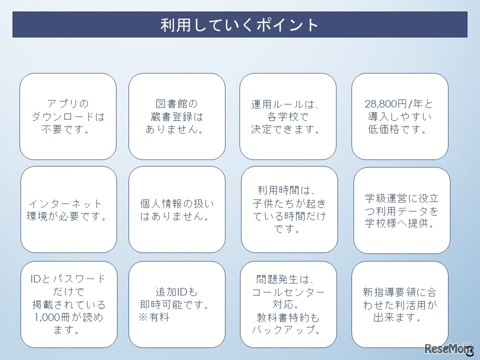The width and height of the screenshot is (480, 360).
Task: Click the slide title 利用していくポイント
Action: coord(239,25)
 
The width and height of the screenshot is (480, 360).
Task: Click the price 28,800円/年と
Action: coord(399,104)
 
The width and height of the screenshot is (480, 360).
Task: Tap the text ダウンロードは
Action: coord(68,117)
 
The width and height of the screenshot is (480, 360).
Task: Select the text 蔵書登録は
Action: coord(177,117)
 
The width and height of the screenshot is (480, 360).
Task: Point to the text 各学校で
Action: coord(288,117)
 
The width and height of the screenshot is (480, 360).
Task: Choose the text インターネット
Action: coord(65,204)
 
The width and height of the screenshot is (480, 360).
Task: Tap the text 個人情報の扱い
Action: coord(177,204)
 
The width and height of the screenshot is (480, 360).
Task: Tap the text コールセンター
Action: coord(288,292)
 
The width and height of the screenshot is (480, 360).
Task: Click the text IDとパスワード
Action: coord(68,279)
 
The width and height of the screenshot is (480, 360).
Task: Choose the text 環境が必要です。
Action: coord(67,217)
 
